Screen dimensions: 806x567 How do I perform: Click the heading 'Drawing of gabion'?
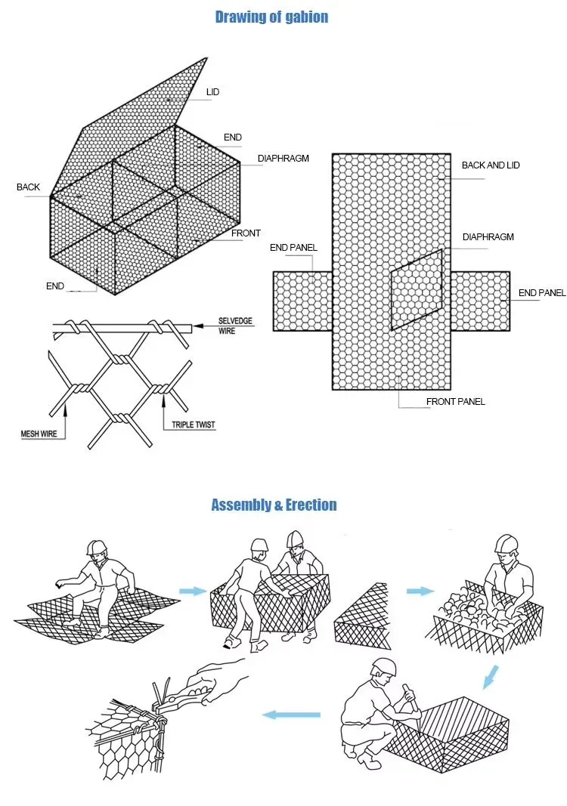click(x=271, y=17)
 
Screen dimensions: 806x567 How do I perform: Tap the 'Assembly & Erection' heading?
click(x=274, y=505)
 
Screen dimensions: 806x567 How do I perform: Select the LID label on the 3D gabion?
click(x=212, y=93)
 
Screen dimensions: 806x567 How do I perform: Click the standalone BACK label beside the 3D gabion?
click(x=28, y=187)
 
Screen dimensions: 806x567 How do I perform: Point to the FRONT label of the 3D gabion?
click(x=246, y=233)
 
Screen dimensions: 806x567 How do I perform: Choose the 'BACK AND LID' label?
click(x=491, y=165)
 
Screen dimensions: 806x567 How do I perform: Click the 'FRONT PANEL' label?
click(x=455, y=402)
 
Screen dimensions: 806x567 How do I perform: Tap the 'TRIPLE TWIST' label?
click(x=189, y=425)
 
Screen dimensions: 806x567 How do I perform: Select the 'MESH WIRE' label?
click(x=39, y=434)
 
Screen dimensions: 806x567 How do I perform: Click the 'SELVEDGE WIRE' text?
click(x=235, y=326)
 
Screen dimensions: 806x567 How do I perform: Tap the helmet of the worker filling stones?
click(x=506, y=544)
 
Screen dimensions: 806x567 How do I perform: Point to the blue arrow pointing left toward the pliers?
click(x=290, y=715)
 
